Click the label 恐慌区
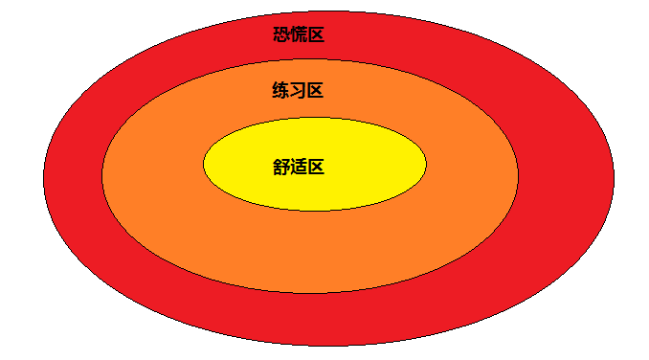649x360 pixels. (x=299, y=35)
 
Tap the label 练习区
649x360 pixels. (x=298, y=91)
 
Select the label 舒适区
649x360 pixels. (x=299, y=167)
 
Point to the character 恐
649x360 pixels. (x=281, y=35)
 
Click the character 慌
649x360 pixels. (x=299, y=35)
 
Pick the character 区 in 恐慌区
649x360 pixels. (x=316, y=35)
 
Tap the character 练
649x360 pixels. (x=280, y=91)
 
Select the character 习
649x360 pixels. (x=298, y=91)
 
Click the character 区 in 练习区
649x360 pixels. (x=315, y=91)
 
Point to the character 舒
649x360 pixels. (x=281, y=167)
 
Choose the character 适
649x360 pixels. (x=299, y=167)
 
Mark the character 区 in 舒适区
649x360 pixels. (x=316, y=167)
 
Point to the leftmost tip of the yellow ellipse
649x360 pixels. (x=204, y=164)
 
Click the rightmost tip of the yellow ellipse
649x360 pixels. (x=426, y=164)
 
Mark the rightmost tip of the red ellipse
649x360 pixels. (x=613, y=179)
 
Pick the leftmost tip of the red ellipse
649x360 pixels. (x=43, y=179)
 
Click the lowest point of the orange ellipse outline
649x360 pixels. (x=311, y=293)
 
